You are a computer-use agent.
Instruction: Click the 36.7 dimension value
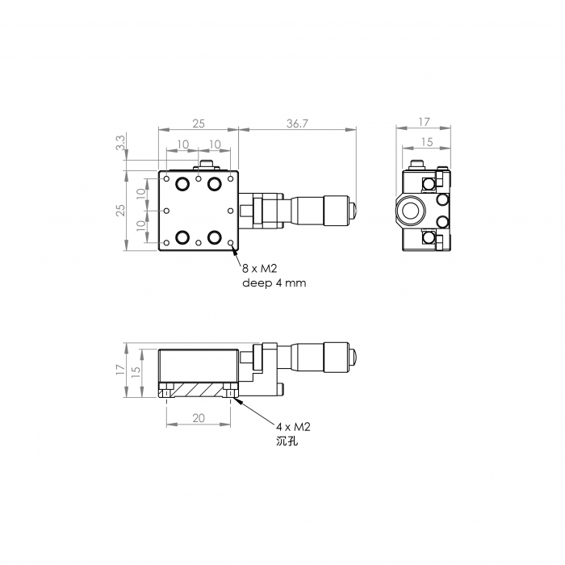coord(297,123)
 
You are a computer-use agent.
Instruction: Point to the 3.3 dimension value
coord(121,142)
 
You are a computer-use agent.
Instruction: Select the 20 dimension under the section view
coord(199,418)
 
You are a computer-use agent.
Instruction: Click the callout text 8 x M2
coord(259,269)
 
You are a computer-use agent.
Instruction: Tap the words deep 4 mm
coord(274,282)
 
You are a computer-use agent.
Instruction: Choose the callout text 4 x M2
coord(293,427)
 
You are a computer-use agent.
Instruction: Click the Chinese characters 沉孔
coord(287,441)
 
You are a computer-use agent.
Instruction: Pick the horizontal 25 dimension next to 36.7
coord(199,123)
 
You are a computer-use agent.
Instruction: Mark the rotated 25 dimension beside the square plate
coord(121,210)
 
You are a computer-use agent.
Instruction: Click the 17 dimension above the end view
coord(424,122)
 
